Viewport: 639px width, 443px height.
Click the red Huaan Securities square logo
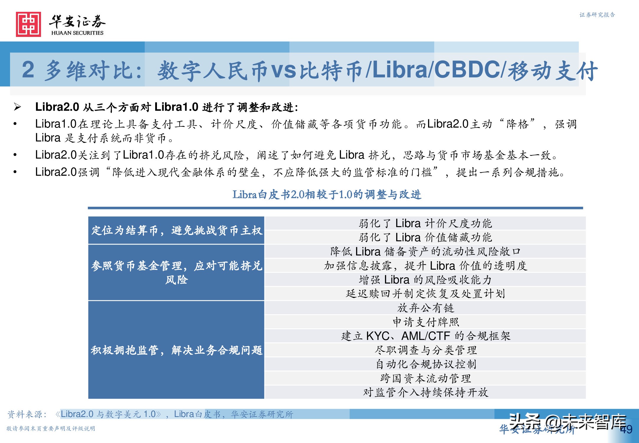coord(28,24)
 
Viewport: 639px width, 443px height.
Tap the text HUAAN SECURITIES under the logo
coord(77,33)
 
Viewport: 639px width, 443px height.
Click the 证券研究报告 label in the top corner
coord(597,15)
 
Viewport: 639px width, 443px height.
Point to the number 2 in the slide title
coord(28,70)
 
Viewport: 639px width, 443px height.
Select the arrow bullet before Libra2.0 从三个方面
coord(17,107)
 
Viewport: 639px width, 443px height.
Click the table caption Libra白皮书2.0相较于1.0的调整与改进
coord(327,195)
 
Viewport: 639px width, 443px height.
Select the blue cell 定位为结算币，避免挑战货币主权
coord(176,230)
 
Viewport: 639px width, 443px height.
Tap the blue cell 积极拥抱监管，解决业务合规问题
coord(176,350)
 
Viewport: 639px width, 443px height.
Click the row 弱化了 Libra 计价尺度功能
coord(425,223)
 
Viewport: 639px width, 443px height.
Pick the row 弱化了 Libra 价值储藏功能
coord(425,237)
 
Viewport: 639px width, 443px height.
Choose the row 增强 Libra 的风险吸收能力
coord(425,279)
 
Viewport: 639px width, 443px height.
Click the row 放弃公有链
coord(425,308)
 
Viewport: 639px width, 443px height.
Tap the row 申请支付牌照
coord(425,322)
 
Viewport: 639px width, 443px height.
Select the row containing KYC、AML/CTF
coord(425,336)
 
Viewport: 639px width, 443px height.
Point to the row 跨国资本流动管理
coord(425,378)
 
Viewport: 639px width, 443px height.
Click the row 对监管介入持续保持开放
coord(425,392)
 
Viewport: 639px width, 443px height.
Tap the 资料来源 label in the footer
coord(27,414)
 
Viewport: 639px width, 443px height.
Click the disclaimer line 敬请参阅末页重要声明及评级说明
coord(51,429)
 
